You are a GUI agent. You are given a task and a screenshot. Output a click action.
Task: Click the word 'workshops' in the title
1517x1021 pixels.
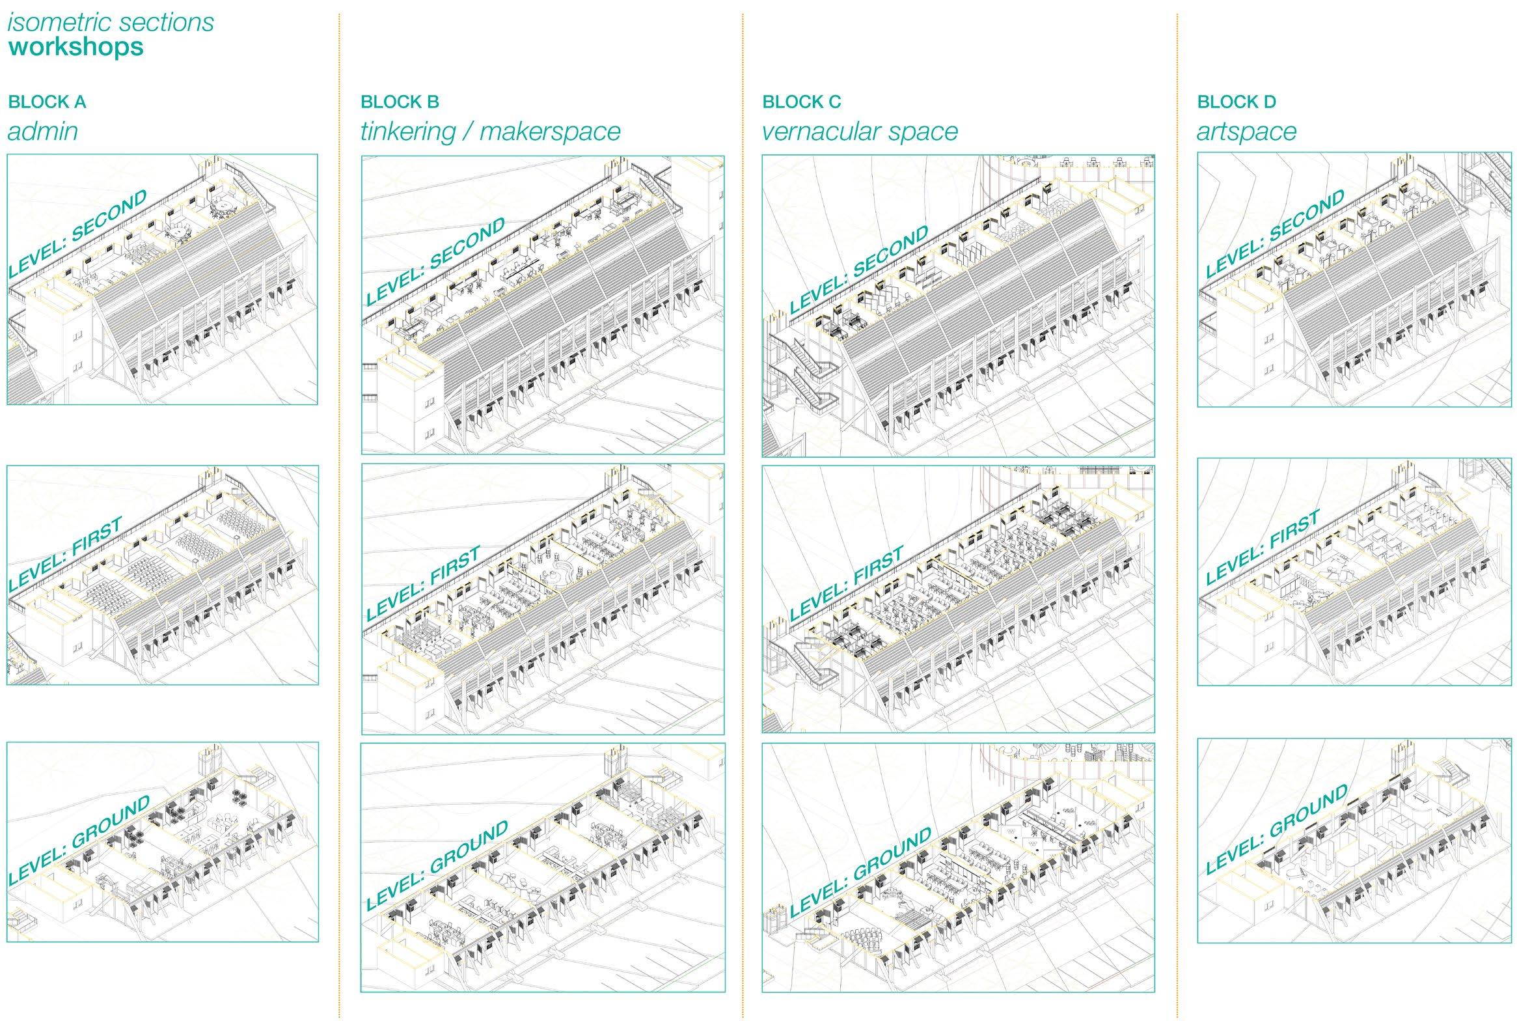[x=76, y=48]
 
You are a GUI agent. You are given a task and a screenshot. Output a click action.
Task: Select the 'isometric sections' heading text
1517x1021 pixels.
[x=111, y=22]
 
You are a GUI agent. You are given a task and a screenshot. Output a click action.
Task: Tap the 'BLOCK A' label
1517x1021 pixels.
[x=47, y=102]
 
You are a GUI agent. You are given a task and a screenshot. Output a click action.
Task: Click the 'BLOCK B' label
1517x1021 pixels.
[x=400, y=102]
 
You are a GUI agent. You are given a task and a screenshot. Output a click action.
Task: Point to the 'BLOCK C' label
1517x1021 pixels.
[x=801, y=102]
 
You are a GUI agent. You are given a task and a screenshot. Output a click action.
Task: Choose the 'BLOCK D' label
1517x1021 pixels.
[x=1236, y=102]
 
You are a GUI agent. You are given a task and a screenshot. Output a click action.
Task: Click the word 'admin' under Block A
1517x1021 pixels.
[x=43, y=132]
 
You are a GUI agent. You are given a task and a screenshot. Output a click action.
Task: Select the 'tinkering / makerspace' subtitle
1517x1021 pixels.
[x=490, y=132]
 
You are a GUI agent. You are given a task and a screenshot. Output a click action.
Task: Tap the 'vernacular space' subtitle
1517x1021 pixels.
[x=860, y=132]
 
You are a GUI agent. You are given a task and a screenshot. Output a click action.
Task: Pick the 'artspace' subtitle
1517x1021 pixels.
[x=1246, y=132]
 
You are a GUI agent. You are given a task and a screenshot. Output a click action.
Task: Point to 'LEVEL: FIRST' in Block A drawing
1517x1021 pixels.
[x=66, y=554]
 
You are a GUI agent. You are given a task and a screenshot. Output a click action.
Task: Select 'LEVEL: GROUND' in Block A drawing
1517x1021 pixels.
[x=79, y=840]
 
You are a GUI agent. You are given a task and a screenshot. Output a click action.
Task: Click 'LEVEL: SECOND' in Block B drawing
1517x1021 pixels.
[x=435, y=260]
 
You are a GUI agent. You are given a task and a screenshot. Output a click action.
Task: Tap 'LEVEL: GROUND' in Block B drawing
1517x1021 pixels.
[x=437, y=865]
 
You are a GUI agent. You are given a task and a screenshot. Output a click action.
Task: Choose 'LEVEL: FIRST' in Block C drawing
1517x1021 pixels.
[x=846, y=583]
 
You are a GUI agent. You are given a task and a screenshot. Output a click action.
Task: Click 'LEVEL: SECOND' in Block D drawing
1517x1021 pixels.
[x=1275, y=233]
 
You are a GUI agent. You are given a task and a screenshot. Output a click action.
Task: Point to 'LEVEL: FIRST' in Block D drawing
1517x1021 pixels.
[x=1262, y=547]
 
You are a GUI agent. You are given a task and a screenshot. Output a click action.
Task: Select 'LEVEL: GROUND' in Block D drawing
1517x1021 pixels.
[x=1276, y=829]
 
